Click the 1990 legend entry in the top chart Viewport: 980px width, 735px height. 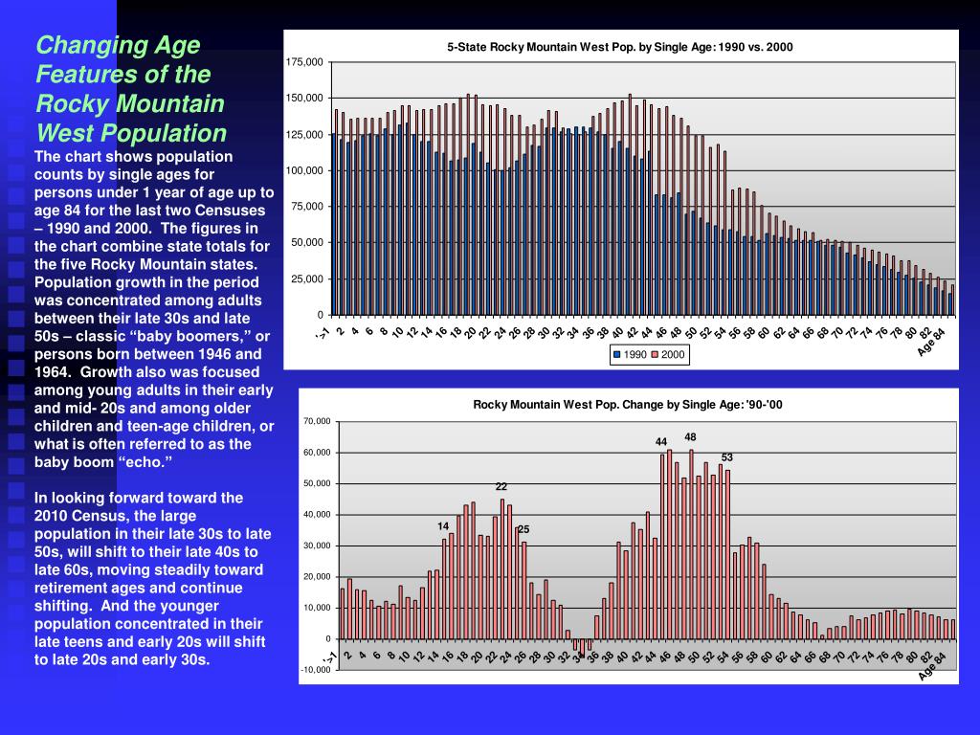coord(633,355)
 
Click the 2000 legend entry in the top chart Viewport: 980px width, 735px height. coord(669,355)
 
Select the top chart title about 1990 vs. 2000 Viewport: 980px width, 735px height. coord(620,47)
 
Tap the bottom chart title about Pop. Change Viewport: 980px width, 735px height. coord(628,405)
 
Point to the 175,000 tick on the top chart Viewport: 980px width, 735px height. coord(304,62)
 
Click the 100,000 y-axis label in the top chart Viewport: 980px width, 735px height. coord(304,170)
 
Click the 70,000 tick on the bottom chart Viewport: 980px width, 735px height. coord(317,421)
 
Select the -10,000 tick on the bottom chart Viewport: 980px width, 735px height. coord(316,669)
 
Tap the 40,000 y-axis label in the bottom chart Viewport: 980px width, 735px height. coord(317,515)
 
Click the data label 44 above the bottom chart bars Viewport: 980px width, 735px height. coord(661,441)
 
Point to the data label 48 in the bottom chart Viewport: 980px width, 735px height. coord(690,436)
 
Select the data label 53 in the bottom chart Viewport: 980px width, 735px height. coord(727,457)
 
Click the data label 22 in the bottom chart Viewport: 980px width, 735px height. coord(501,486)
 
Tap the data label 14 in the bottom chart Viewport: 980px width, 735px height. coord(443,525)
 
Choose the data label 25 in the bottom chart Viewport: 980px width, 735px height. coord(523,529)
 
